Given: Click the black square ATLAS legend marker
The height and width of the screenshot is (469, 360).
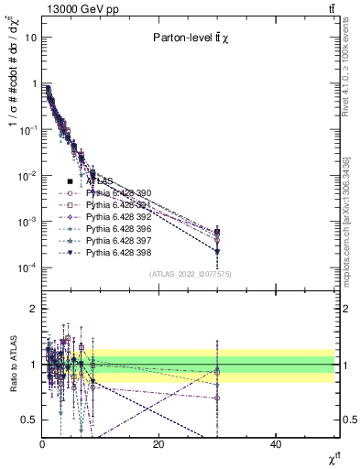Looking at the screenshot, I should [x=70, y=181].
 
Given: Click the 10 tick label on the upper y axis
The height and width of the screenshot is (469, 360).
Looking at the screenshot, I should [x=31, y=38].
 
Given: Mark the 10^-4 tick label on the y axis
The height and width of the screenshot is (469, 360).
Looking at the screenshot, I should [x=27, y=267].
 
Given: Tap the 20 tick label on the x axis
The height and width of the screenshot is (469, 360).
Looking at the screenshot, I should [x=158, y=444].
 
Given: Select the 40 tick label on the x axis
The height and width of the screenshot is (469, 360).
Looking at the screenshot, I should [x=276, y=444].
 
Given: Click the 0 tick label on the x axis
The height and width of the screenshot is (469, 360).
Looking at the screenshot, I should [x=42, y=444].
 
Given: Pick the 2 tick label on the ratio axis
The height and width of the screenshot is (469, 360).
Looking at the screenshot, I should [x=33, y=309].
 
